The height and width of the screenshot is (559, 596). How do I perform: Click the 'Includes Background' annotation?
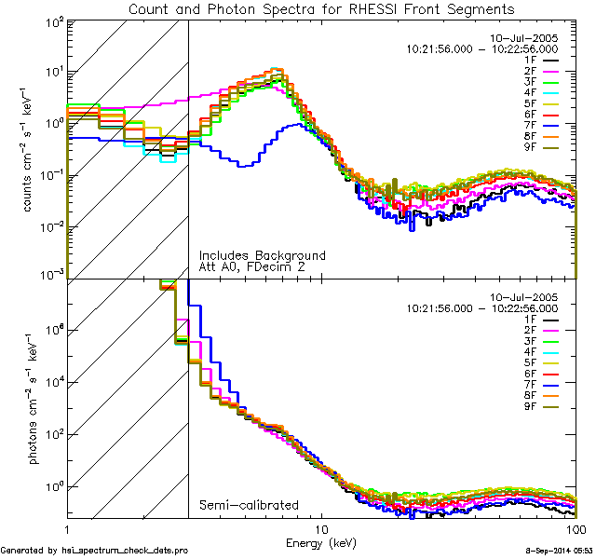coord(263,255)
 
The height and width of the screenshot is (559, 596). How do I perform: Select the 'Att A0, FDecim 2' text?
coord(252,267)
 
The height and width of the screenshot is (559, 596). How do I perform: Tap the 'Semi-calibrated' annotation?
coord(249,504)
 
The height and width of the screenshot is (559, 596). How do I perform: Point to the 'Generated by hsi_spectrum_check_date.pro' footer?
coord(94,552)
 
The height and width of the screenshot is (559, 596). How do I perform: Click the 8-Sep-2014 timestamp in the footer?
coord(551,552)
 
